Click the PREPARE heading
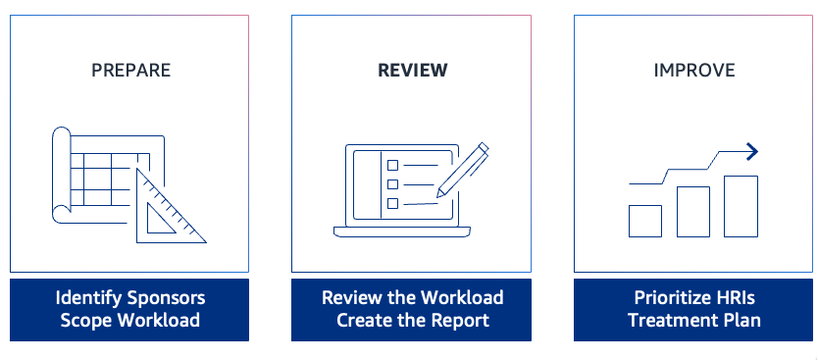coord(130,70)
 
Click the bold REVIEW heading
coord(412,70)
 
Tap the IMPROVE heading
coord(693,70)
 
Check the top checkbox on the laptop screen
coord(393,165)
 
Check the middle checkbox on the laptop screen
coord(393,183)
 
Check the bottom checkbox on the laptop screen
coord(393,202)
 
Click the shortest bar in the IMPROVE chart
coord(644,221)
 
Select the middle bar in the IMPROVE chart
coord(692,212)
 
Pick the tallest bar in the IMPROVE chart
coord(741,206)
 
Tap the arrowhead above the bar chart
coord(752,151)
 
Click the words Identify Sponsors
coord(130,297)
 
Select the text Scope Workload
coord(130,320)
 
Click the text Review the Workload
coord(412,297)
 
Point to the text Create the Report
coord(412,320)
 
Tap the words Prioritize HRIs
coord(693,297)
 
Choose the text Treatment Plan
coord(693,320)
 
